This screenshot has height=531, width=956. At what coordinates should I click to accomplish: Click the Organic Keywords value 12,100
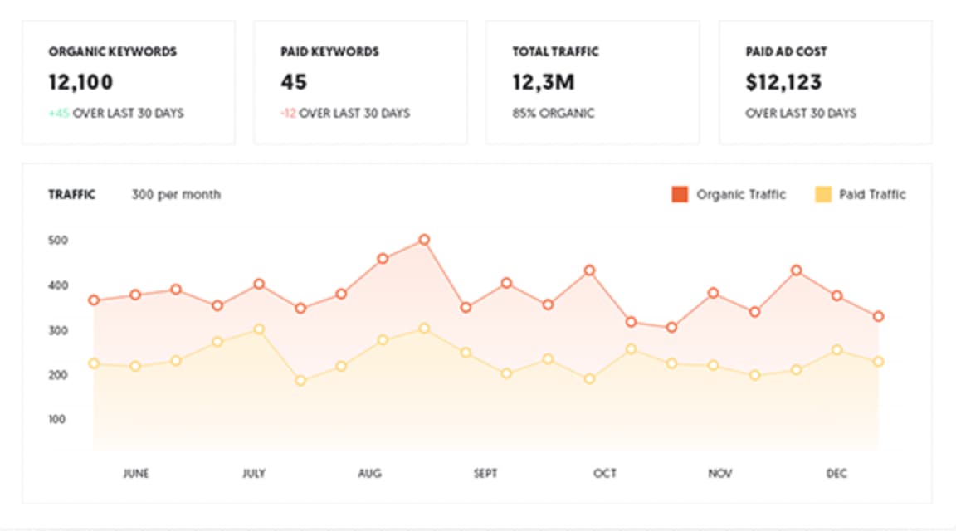pyautogui.click(x=80, y=82)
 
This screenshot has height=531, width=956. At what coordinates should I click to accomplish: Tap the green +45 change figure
pyautogui.click(x=59, y=113)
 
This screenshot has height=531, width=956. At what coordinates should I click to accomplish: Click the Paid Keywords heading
pyautogui.click(x=329, y=51)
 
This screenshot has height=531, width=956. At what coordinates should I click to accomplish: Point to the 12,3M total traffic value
pyautogui.click(x=544, y=82)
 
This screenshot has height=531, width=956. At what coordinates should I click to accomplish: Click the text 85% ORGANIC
pyautogui.click(x=554, y=113)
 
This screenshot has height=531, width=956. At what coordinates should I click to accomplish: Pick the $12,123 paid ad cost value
pyautogui.click(x=783, y=82)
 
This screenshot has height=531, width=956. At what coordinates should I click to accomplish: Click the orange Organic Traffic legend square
pyautogui.click(x=680, y=195)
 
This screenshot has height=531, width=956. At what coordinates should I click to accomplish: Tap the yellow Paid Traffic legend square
pyautogui.click(x=822, y=195)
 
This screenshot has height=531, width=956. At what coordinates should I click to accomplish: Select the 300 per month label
pyautogui.click(x=176, y=195)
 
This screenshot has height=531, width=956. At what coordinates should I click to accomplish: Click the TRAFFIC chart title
pyautogui.click(x=72, y=195)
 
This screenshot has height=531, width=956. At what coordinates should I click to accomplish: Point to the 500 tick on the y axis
pyautogui.click(x=58, y=241)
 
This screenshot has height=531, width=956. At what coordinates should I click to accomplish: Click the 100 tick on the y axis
pyautogui.click(x=58, y=419)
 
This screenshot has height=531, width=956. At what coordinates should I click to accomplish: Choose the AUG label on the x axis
pyautogui.click(x=369, y=474)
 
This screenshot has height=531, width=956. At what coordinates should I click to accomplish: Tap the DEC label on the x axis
pyautogui.click(x=836, y=474)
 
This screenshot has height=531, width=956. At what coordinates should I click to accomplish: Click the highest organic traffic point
pyautogui.click(x=424, y=240)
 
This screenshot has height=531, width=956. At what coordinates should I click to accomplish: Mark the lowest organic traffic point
pyautogui.click(x=671, y=328)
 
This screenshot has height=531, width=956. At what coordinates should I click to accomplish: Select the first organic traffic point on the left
pyautogui.click(x=94, y=300)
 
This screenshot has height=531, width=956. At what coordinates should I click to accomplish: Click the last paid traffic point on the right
pyautogui.click(x=878, y=362)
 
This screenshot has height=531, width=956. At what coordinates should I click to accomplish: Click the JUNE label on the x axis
pyautogui.click(x=135, y=474)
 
